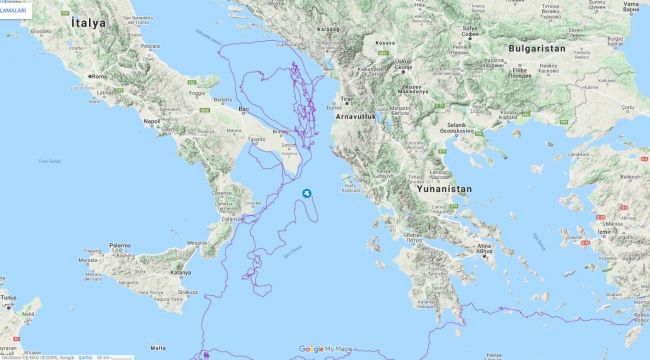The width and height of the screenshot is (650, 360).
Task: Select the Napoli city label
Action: click(x=152, y=121)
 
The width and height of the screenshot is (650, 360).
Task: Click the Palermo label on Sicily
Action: click(x=120, y=245)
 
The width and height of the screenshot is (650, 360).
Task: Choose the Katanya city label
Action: click(x=181, y=272)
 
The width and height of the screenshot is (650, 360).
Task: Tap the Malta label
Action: click(x=158, y=347)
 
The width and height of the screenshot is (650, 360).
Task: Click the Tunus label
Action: click(x=8, y=297)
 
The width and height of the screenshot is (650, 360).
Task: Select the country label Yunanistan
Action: click(x=441, y=187)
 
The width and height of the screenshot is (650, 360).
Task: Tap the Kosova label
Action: click(x=385, y=43)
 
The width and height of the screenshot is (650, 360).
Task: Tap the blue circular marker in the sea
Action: click(x=308, y=194)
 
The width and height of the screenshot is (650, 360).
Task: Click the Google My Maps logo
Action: click(x=324, y=349)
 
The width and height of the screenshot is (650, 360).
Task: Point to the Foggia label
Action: click(x=196, y=94)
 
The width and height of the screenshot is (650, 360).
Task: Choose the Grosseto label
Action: click(x=40, y=31)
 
